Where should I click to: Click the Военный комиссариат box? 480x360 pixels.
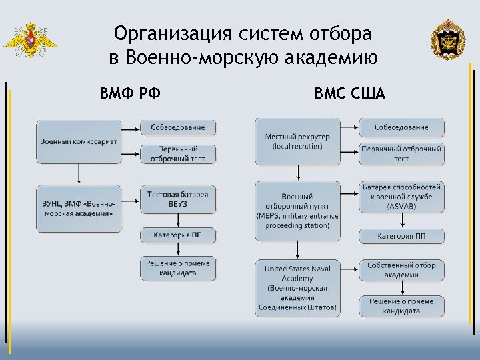[x=79, y=141]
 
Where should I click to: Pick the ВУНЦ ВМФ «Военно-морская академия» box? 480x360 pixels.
[x=79, y=209]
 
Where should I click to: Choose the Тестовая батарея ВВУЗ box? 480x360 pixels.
[x=178, y=199]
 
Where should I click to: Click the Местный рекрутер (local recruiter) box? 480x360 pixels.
[x=297, y=141]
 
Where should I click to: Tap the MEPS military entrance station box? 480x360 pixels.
[x=297, y=211]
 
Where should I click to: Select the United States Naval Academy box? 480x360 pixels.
[x=297, y=289]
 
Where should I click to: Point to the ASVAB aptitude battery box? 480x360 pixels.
[x=401, y=197]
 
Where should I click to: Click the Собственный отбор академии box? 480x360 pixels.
[x=401, y=270]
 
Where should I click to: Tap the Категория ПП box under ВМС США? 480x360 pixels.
[x=401, y=235]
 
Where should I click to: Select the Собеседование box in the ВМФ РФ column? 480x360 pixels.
[x=178, y=127]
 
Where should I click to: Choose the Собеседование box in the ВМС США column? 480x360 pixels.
[x=401, y=127]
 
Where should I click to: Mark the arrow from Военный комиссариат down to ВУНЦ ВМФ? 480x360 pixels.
[x=79, y=174]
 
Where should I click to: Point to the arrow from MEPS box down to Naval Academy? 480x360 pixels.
[x=298, y=251]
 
